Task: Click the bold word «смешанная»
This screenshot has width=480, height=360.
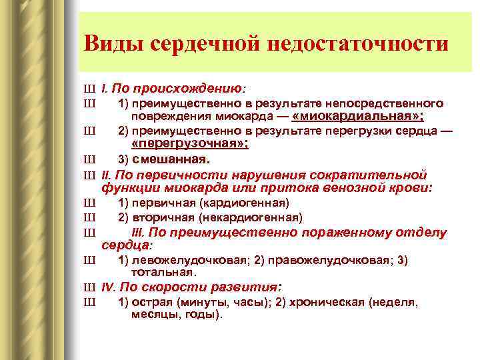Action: [x=171, y=159]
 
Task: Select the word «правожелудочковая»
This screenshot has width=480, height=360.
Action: [x=319, y=260]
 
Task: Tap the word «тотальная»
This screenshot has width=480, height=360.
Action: [x=163, y=272]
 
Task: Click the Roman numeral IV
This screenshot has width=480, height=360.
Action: [x=109, y=288]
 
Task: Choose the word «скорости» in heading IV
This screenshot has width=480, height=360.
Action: [x=181, y=288]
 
